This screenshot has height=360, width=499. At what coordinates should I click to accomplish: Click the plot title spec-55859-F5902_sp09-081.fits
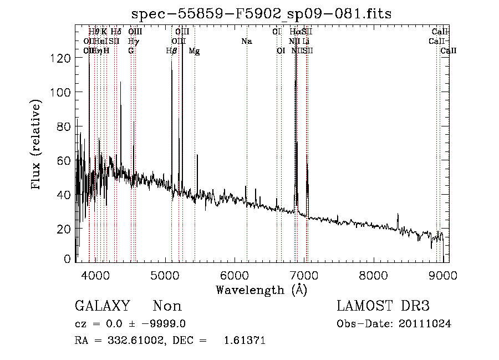point(262,14)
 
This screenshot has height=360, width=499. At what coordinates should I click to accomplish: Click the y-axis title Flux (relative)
point(37,145)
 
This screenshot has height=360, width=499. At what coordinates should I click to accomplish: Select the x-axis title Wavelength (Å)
point(261,290)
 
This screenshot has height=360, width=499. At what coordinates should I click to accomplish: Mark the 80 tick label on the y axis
point(65,126)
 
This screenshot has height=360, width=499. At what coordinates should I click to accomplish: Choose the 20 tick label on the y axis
point(65,229)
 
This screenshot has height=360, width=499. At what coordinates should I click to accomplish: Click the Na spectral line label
point(247,42)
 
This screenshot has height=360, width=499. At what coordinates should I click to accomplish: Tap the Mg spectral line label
point(194,51)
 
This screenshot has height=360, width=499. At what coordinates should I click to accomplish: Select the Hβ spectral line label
point(172,51)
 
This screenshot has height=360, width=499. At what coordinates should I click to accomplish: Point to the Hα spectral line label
point(295,32)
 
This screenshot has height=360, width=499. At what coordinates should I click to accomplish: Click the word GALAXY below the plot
point(103,306)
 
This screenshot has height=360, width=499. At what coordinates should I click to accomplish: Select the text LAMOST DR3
point(383,306)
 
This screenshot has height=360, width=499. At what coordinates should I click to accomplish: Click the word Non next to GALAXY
point(167,306)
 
